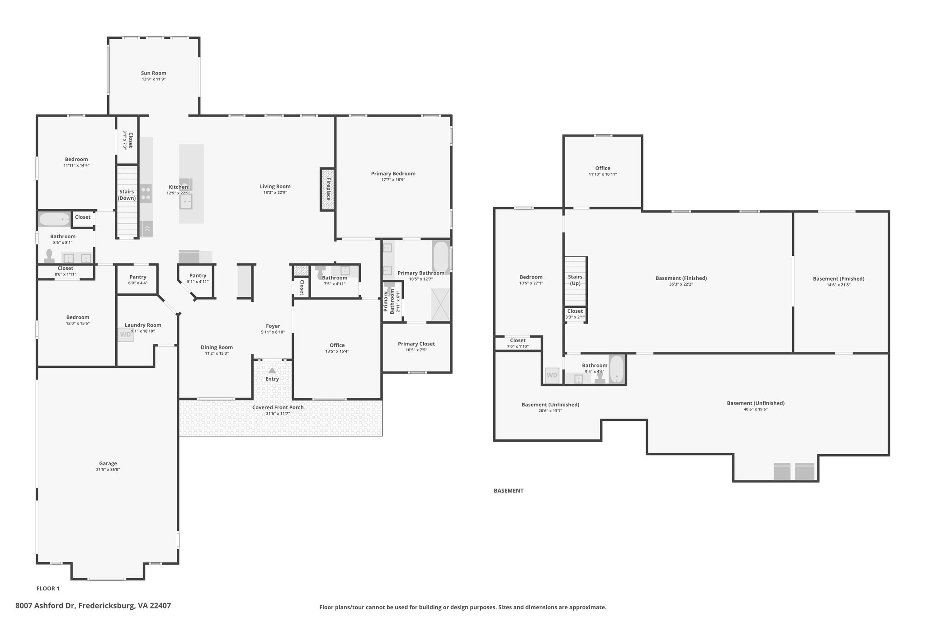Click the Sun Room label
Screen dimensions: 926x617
[x=154, y=73]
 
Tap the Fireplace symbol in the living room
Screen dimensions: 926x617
[x=328, y=189]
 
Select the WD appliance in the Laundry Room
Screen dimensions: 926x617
[x=126, y=334]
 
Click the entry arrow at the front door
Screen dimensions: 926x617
[x=272, y=370]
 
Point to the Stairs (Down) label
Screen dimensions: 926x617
[x=127, y=195]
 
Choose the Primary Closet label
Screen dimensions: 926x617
[x=416, y=344]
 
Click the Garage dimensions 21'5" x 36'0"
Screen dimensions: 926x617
[x=108, y=470]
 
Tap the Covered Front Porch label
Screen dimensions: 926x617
[x=278, y=407]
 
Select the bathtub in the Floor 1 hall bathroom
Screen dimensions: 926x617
[x=54, y=219]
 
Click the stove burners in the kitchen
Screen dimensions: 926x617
[x=146, y=193]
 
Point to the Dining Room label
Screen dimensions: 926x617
[x=217, y=347]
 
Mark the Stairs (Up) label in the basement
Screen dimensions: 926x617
[x=575, y=280]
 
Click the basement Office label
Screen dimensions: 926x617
[x=603, y=168]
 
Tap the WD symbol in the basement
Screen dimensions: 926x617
[x=552, y=375]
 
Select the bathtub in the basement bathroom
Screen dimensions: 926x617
[x=617, y=369]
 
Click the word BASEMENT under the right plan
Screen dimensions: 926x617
[x=509, y=490]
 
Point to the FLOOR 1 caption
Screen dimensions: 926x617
[x=48, y=589]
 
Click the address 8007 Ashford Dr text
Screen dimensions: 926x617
[x=46, y=606]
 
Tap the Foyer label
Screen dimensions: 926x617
[x=273, y=326]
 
